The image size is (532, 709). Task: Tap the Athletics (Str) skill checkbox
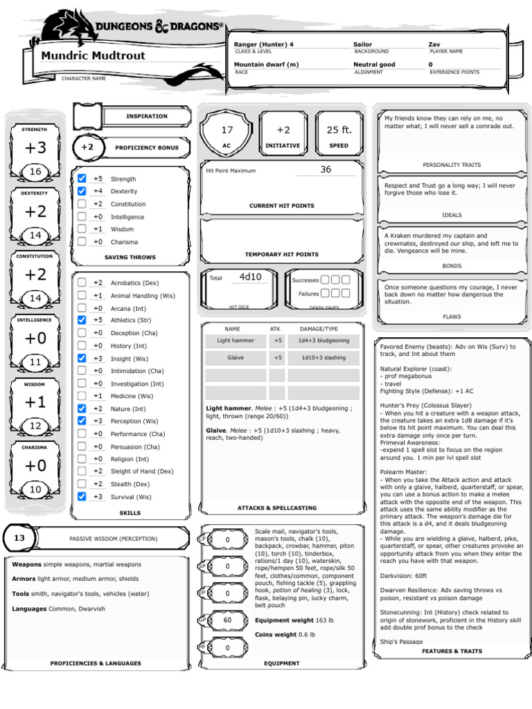82,320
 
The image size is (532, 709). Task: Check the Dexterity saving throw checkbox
82,191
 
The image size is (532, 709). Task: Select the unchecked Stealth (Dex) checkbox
82,484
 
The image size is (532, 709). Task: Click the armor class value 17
227,130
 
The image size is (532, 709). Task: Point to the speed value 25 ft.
339,130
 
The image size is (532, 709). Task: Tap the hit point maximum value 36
326,170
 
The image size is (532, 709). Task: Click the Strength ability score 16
35,172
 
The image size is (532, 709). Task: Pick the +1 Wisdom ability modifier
35,402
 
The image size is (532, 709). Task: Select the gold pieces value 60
227,620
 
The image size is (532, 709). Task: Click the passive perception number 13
19,538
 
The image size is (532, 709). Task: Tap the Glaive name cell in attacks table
236,358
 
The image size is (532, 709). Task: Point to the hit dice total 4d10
251,277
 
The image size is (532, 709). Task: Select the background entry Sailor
363,44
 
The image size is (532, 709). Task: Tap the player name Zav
434,44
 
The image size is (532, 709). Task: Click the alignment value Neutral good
374,64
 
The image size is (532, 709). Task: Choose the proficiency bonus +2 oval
87,147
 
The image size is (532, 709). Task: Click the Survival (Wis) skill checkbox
82,496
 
